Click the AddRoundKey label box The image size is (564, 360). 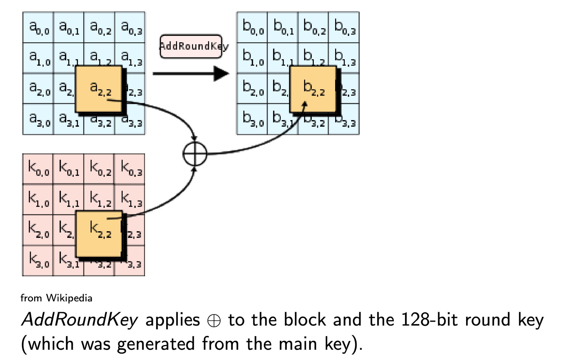(x=191, y=46)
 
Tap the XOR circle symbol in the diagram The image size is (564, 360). (x=195, y=154)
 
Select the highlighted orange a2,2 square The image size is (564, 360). (x=99, y=89)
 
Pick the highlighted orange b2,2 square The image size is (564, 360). (x=313, y=89)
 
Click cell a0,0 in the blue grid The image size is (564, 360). (x=38, y=28)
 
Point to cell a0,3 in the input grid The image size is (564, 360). (x=130, y=28)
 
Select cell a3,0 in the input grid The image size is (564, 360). (x=38, y=119)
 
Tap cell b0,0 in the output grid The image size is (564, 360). (x=252, y=28)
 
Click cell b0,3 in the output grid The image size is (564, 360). (x=344, y=28)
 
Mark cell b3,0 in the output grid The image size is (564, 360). (x=252, y=119)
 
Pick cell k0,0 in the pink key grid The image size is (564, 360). (x=38, y=169)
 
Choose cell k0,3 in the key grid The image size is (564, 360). (x=130, y=169)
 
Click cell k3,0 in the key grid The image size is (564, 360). (x=38, y=261)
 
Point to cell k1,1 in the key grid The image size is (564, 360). (x=68, y=200)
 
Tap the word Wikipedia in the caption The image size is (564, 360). (x=69, y=298)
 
